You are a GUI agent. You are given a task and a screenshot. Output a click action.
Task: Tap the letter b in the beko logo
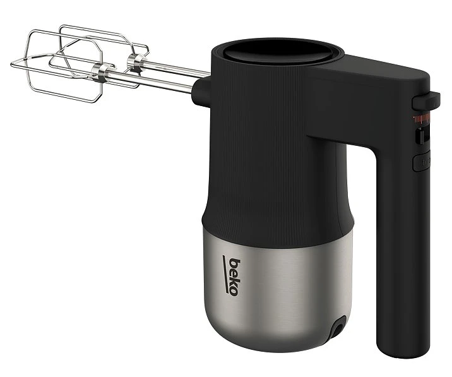tap(234, 263)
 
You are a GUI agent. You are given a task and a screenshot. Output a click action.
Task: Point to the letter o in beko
tap(234, 292)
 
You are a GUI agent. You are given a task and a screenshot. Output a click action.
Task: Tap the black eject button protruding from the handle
tap(425, 101)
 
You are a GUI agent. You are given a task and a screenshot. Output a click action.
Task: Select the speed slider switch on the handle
tap(422, 136)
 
